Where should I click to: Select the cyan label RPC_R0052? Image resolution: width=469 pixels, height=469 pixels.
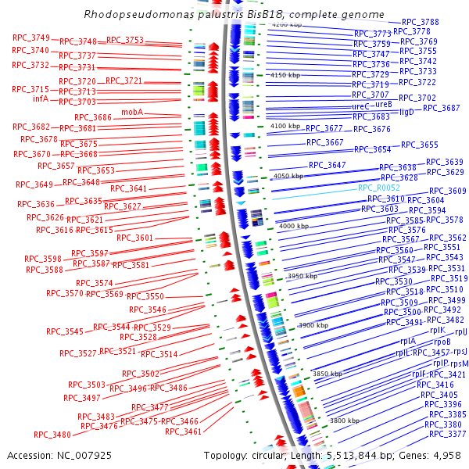click(x=379, y=188)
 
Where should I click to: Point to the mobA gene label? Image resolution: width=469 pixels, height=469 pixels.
click(x=132, y=112)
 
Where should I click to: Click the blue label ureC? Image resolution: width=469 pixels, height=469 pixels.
click(x=360, y=106)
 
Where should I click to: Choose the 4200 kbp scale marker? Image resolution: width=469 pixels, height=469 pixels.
click(x=285, y=25)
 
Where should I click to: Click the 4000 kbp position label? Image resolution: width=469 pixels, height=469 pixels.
click(x=295, y=226)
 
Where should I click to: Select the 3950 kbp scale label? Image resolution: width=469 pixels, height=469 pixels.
click(x=303, y=276)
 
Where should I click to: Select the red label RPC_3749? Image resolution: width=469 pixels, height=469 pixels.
click(x=31, y=38)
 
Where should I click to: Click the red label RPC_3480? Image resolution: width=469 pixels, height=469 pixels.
click(x=52, y=435)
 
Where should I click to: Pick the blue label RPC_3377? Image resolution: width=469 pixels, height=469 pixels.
click(x=447, y=434)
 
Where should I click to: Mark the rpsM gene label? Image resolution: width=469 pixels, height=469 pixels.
click(x=460, y=363)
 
